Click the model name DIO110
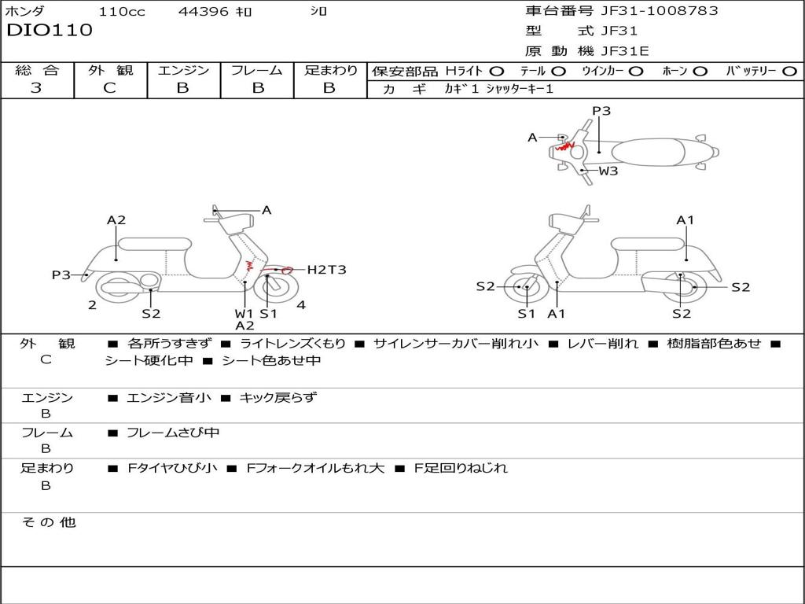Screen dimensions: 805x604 coord(50,31)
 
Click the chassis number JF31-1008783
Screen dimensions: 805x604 coord(648,11)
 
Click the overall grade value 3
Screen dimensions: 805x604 coord(36,88)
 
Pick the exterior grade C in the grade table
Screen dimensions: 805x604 coord(110,88)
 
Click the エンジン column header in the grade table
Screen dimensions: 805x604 coord(184,71)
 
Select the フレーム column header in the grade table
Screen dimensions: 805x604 coord(257,71)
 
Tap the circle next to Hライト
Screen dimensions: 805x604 coord(498,72)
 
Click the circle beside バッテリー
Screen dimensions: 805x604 coord(790,72)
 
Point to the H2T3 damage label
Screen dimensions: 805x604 coord(326,270)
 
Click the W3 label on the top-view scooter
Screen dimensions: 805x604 coord(608,171)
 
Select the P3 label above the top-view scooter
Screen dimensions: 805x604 coord(601,111)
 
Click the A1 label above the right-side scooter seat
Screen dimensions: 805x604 coord(686,220)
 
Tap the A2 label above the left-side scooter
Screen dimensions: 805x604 coord(116,220)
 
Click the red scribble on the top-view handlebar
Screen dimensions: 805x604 coord(564,145)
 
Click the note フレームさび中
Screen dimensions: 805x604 coord(173,433)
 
